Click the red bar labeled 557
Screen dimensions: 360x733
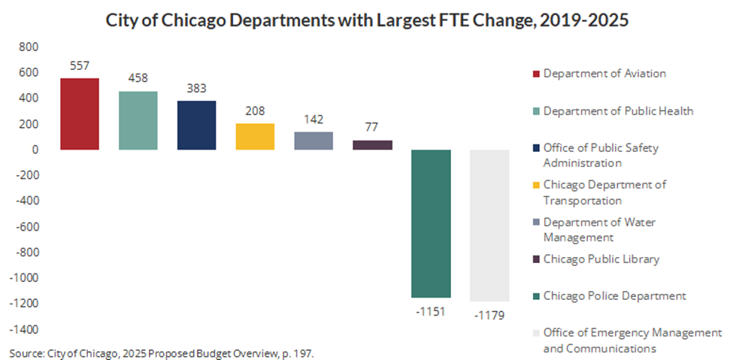[80, 113]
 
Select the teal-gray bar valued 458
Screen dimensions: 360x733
[138, 120]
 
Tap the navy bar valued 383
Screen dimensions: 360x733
[197, 125]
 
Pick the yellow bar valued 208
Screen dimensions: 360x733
[255, 136]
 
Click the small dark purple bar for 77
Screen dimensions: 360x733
[372, 145]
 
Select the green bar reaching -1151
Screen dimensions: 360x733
[431, 223]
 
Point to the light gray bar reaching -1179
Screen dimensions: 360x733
[489, 225]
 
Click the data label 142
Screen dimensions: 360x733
[313, 119]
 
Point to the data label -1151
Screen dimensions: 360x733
[431, 310]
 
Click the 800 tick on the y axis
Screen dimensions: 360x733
[27, 47]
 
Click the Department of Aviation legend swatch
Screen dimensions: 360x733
[536, 74]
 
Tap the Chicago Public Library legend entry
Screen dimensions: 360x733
[601, 259]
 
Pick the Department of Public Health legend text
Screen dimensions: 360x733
[618, 111]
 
